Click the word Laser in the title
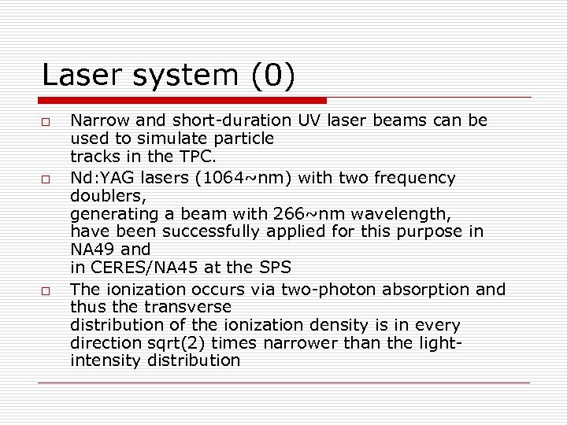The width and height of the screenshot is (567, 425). coord(77,76)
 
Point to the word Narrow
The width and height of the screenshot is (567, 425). coord(96,121)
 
